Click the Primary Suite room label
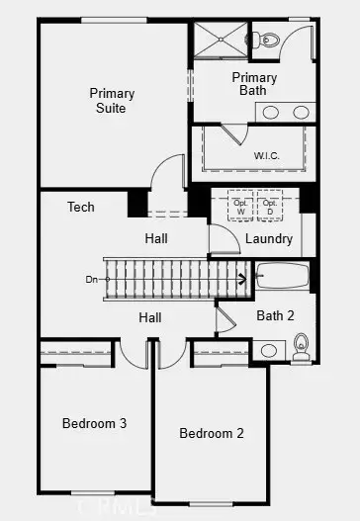tap(112, 101)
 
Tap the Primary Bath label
tap(254, 84)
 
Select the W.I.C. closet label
tap(266, 154)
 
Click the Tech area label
tap(81, 208)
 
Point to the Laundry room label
tap(268, 239)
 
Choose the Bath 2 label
tap(276, 316)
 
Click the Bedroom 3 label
tap(94, 423)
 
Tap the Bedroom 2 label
tap(212, 433)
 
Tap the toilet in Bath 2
tap(301, 347)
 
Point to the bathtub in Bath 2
tap(283, 275)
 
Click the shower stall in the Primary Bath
tap(219, 41)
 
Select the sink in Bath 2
tap(268, 350)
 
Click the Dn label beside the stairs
tap(92, 280)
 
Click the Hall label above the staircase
tap(156, 238)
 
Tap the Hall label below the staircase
tap(150, 317)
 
